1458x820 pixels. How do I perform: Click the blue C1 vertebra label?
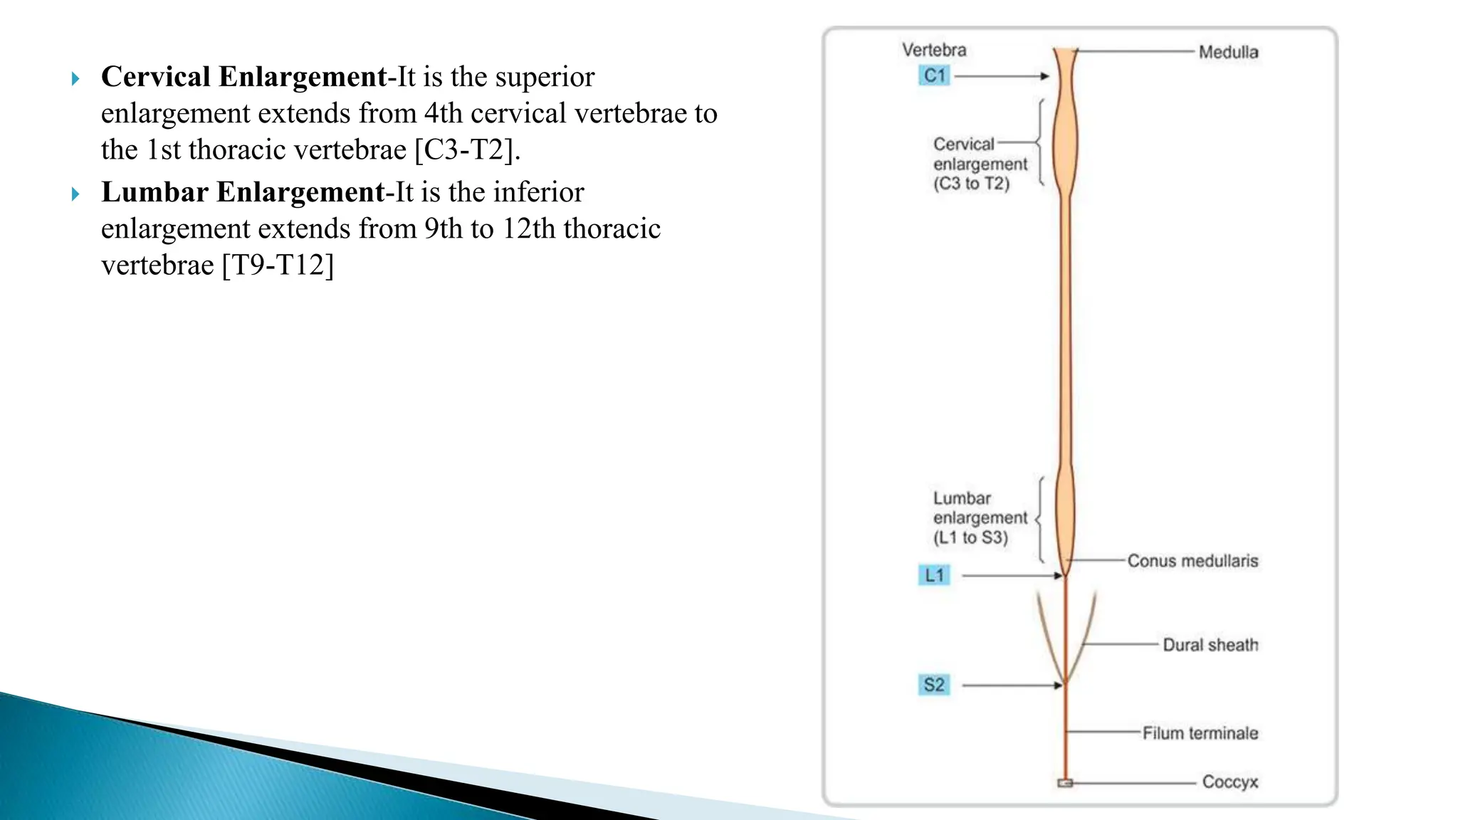click(x=934, y=75)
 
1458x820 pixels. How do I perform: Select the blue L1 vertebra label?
click(x=934, y=575)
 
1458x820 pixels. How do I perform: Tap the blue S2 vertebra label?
click(x=934, y=685)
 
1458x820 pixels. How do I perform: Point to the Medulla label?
click(x=1228, y=52)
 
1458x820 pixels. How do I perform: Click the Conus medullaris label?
click(x=1192, y=561)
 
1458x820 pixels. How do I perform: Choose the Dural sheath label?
click(x=1210, y=645)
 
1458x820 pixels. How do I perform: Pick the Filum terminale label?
click(x=1200, y=733)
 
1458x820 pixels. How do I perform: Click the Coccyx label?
click(x=1229, y=782)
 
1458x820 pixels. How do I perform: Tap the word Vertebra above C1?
click(x=934, y=50)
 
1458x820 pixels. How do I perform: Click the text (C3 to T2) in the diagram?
click(x=971, y=184)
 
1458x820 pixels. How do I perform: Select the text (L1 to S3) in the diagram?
click(x=970, y=537)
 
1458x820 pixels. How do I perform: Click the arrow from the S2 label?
click(x=1012, y=685)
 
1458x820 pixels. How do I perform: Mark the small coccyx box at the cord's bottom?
click(x=1065, y=783)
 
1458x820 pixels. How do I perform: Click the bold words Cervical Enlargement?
click(x=243, y=77)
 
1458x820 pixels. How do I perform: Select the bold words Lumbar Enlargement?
click(x=243, y=192)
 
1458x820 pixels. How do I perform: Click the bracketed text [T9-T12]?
click(x=278, y=266)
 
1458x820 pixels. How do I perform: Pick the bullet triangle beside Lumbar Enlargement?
click(x=75, y=194)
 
